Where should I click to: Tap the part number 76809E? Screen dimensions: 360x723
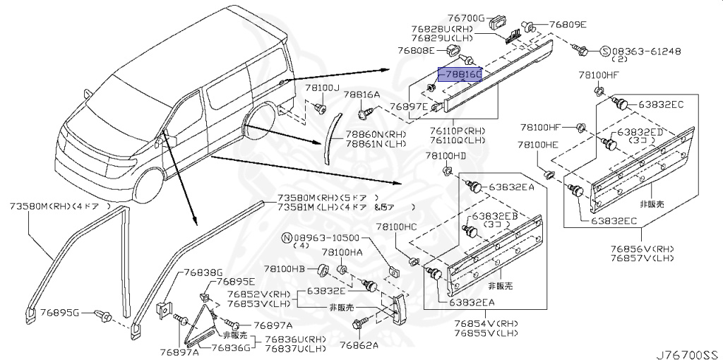568,24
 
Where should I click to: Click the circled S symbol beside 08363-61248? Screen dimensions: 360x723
606,51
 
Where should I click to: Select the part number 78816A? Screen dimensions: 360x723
362,94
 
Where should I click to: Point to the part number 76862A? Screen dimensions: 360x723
359,345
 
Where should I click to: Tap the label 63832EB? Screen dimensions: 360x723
496,215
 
